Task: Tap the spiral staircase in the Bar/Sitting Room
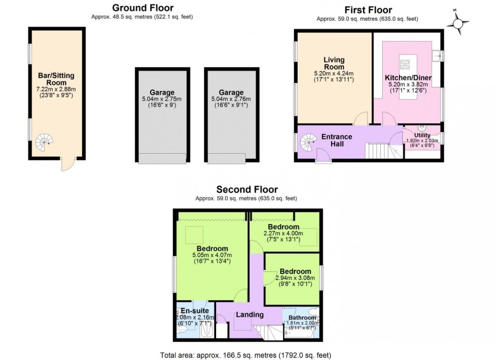44,142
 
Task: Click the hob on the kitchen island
405,65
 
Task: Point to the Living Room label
334,63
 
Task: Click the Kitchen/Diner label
408,78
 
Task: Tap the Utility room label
422,136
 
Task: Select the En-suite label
195,311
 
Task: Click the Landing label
250,314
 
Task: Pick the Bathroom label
303,318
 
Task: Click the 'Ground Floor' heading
143,8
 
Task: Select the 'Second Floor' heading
247,189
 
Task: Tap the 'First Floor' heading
368,10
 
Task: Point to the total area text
245,355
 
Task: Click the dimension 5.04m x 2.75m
162,99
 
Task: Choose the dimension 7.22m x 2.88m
56,89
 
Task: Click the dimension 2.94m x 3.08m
295,278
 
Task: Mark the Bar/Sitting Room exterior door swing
68,164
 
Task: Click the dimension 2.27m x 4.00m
283,234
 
